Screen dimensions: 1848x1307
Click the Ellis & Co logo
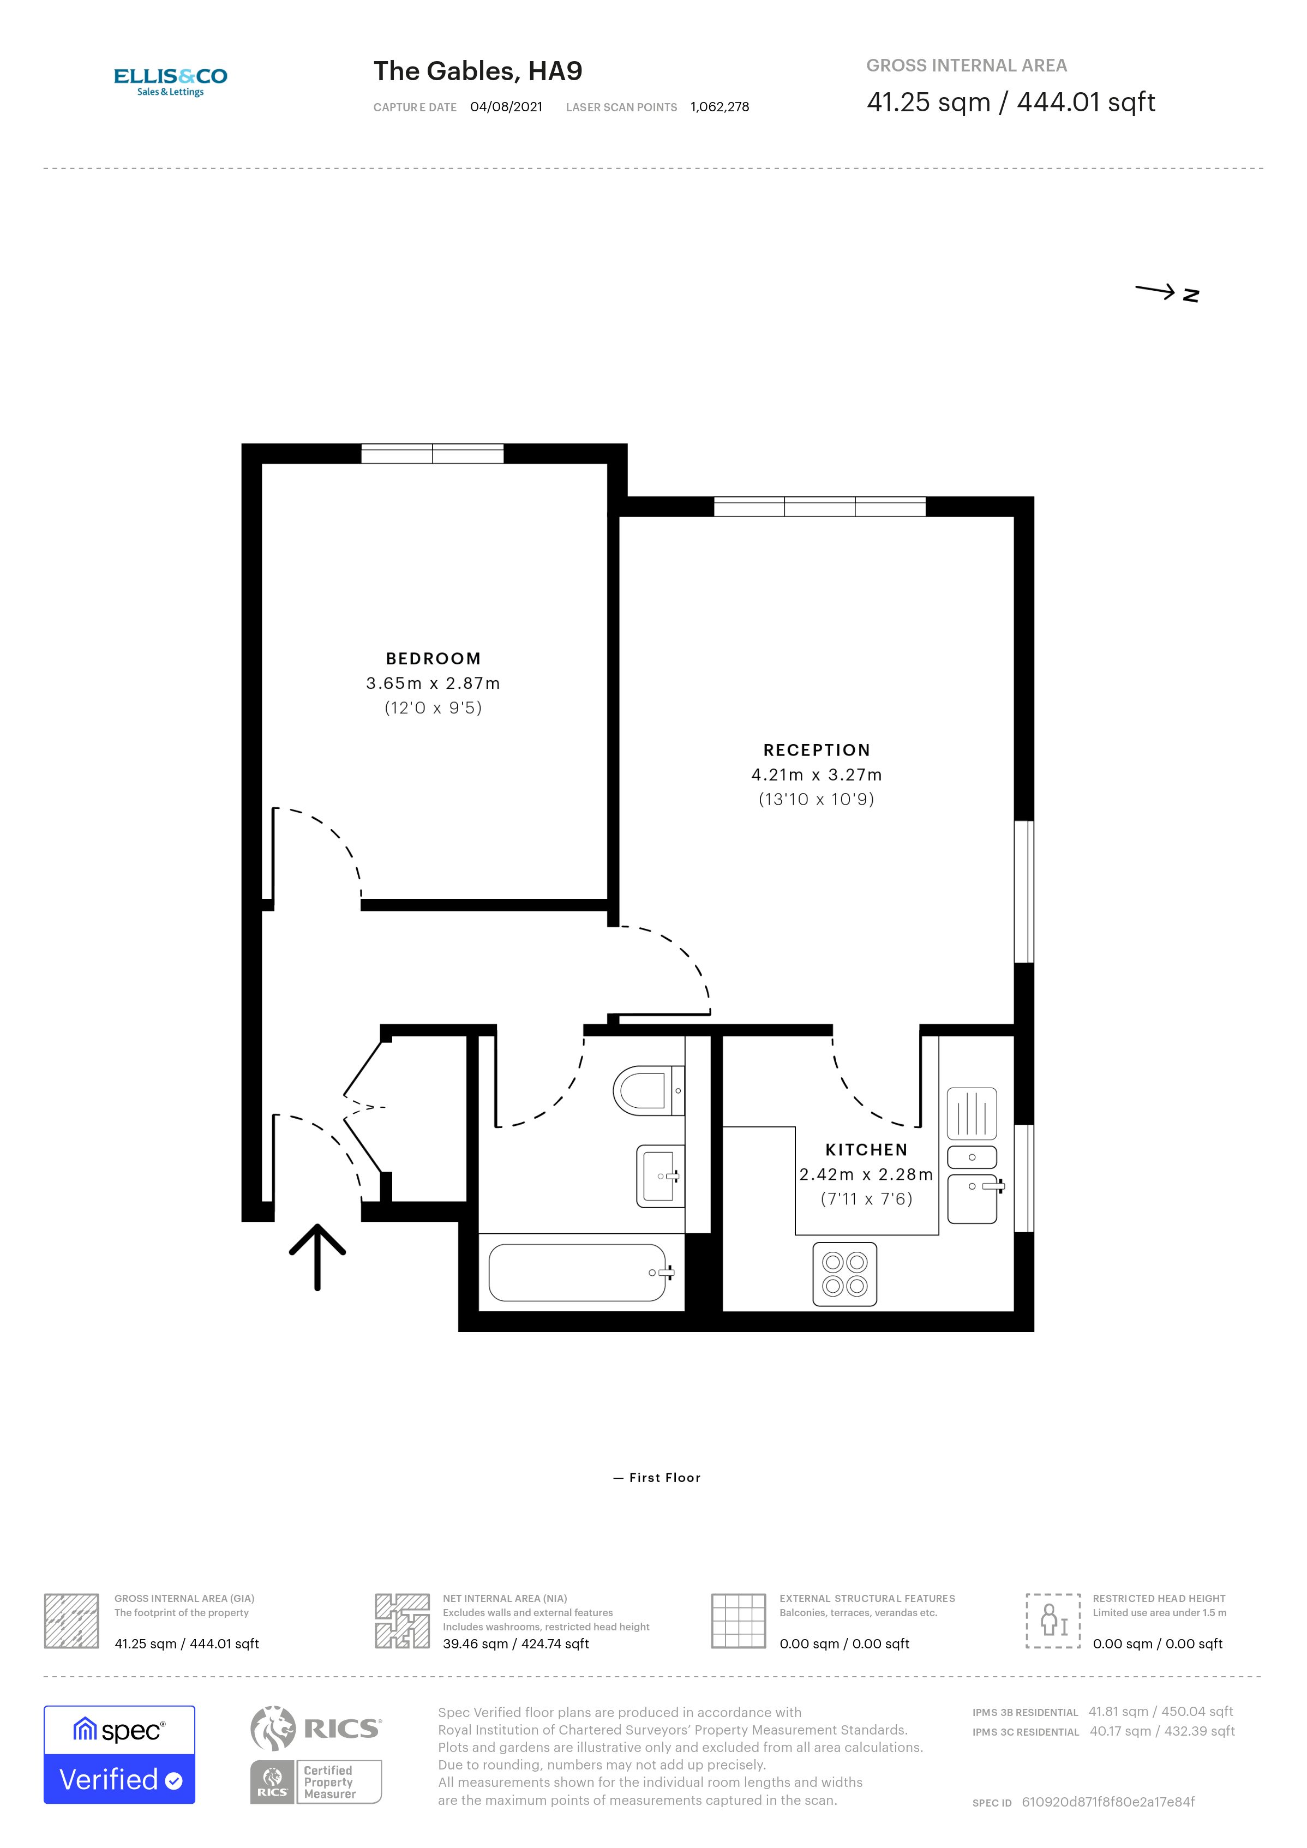[x=171, y=81]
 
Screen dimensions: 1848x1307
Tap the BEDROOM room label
[x=433, y=658]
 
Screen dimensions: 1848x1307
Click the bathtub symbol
[x=578, y=1273]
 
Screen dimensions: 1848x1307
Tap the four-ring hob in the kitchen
[x=844, y=1274]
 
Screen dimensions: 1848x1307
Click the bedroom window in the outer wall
[x=432, y=453]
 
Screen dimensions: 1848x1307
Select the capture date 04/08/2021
[x=506, y=107]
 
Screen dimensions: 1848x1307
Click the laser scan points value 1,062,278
[x=720, y=107]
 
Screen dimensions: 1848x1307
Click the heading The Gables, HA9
[x=477, y=71]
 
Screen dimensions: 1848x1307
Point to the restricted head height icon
[x=1053, y=1620]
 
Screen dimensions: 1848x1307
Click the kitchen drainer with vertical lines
[x=972, y=1113]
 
